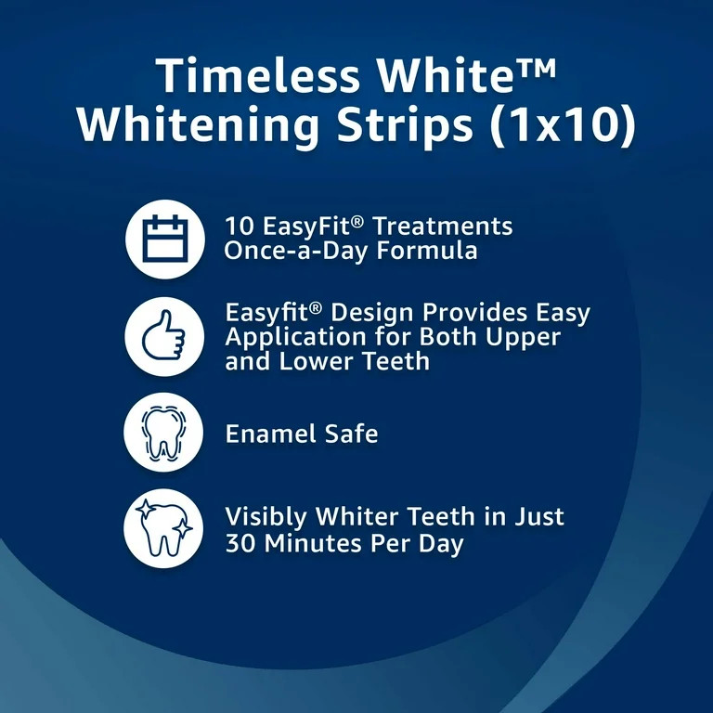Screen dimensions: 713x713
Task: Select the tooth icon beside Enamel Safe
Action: tap(163, 434)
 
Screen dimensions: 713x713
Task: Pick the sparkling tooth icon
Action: tap(163, 529)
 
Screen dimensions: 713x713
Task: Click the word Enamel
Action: tap(270, 434)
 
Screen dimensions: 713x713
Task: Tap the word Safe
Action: tap(352, 434)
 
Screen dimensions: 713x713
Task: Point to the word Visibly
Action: tap(266, 517)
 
